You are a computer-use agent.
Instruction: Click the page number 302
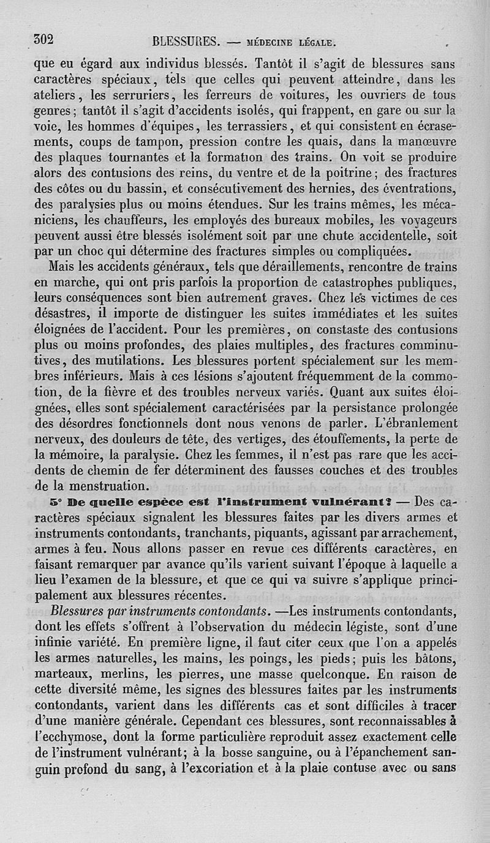(x=45, y=40)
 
